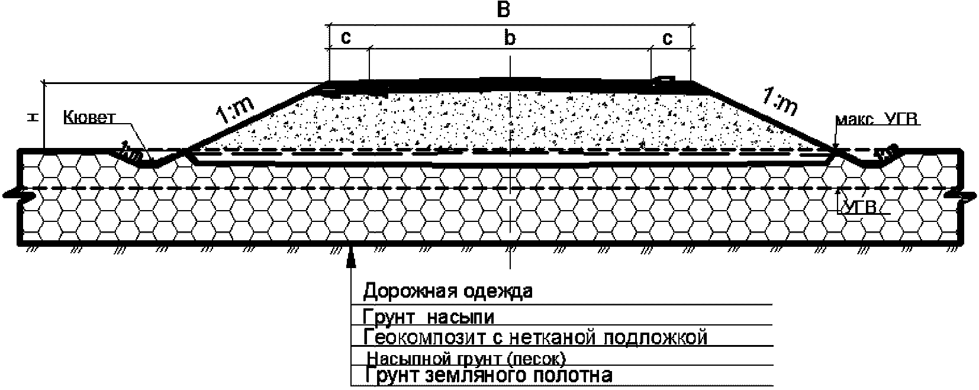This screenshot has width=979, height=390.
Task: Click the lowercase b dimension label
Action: (509, 38)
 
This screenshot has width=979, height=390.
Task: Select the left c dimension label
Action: (346, 38)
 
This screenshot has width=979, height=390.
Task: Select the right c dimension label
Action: (667, 38)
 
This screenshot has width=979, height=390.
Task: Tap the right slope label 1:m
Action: (780, 102)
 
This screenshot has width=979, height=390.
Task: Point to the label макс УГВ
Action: (878, 121)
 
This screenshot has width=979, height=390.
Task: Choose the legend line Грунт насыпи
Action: (429, 317)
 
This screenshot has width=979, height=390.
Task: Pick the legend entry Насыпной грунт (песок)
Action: (466, 359)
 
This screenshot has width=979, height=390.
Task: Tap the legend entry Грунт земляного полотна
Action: (488, 375)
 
